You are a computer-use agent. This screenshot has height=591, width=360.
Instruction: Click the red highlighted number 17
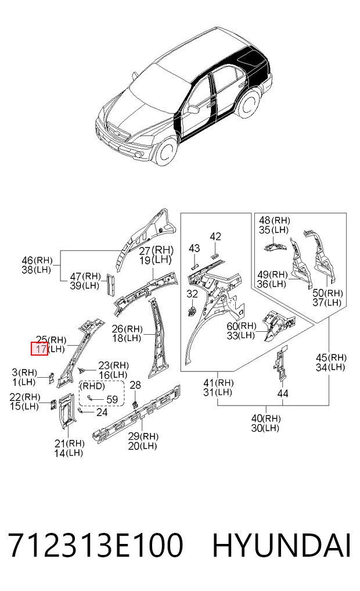click(39, 349)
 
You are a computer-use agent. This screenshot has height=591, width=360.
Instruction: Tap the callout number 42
click(215, 237)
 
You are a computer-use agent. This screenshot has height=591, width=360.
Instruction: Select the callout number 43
click(194, 248)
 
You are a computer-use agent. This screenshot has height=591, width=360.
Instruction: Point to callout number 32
click(192, 293)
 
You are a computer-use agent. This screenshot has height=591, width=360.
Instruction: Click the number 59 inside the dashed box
click(112, 400)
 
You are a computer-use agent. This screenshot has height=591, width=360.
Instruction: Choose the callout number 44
click(282, 393)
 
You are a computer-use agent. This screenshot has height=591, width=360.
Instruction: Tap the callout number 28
click(135, 385)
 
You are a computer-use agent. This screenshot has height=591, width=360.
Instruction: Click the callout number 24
click(102, 413)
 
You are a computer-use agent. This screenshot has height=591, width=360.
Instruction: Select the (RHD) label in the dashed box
click(92, 386)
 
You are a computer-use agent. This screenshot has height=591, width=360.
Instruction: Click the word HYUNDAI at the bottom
click(282, 546)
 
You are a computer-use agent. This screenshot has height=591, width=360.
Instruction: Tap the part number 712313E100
click(96, 546)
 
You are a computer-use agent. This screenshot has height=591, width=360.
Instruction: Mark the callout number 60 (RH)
click(242, 325)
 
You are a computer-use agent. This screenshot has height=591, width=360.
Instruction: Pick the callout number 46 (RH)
click(37, 260)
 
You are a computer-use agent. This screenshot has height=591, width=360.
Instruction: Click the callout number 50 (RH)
click(327, 293)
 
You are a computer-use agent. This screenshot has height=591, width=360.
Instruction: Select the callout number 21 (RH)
click(69, 443)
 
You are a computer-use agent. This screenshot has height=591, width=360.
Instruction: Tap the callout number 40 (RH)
click(266, 418)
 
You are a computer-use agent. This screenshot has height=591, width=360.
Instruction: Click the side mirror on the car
click(193, 109)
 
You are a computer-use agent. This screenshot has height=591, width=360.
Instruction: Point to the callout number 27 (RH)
click(156, 250)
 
